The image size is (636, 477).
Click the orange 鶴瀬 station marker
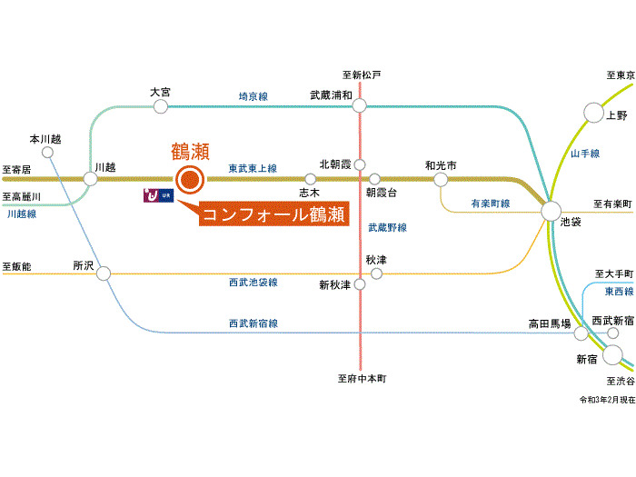coord(189,179)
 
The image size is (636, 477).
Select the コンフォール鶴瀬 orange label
coord(272,214)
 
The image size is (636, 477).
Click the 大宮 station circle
coord(161,107)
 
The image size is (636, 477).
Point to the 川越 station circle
coord(91,179)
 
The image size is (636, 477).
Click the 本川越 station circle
coord(48,153)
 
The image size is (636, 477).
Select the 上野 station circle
coord(592,114)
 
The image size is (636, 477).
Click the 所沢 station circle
coord(104,273)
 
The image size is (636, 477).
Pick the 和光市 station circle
coord(441,179)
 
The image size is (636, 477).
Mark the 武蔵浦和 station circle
coord(361,107)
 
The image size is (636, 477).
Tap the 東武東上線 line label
coord(253,168)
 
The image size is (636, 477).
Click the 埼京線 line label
coord(253,95)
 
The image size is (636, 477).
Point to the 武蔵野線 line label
coord(387,227)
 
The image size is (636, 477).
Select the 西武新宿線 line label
coord(253,323)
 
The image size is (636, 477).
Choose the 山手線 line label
coord(585,154)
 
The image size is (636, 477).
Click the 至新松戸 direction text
coord(362,74)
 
